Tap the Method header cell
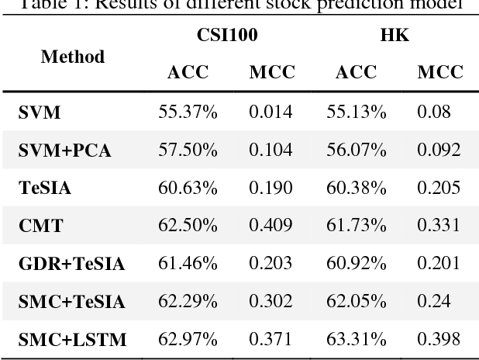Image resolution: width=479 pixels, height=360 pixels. (x=72, y=57)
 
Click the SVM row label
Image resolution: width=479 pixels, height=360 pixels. (x=40, y=113)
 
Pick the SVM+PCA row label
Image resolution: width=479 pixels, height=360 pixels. (x=64, y=151)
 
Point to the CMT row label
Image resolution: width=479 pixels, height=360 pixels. (x=40, y=226)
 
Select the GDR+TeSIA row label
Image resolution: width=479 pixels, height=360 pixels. (x=71, y=264)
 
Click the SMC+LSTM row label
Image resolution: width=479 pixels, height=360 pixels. (x=73, y=339)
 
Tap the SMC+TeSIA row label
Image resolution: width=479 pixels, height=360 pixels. (x=72, y=301)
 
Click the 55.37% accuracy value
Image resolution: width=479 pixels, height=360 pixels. (x=188, y=112)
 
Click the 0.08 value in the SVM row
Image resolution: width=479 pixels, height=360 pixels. (x=433, y=112)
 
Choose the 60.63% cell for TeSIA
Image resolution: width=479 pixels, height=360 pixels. (x=188, y=188)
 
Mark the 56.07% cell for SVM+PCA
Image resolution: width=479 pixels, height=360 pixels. (x=360, y=150)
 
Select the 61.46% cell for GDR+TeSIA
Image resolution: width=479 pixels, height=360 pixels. (x=188, y=263)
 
